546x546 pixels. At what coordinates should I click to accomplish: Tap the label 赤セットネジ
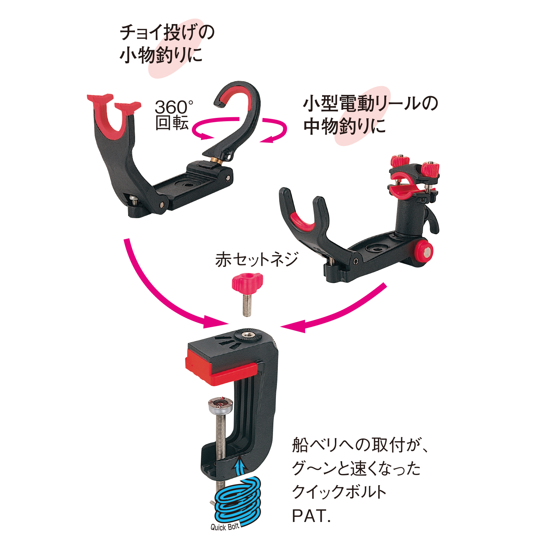(x=256, y=260)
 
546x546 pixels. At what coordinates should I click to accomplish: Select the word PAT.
(x=311, y=516)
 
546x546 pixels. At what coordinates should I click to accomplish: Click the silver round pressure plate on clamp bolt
(x=220, y=405)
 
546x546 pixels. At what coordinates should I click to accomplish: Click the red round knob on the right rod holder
(x=423, y=251)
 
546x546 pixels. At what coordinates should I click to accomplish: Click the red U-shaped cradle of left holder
(x=113, y=116)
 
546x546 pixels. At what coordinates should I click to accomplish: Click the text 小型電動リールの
(x=371, y=104)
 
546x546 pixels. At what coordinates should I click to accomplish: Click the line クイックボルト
(x=339, y=492)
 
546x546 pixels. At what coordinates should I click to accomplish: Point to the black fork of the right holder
(x=304, y=222)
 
